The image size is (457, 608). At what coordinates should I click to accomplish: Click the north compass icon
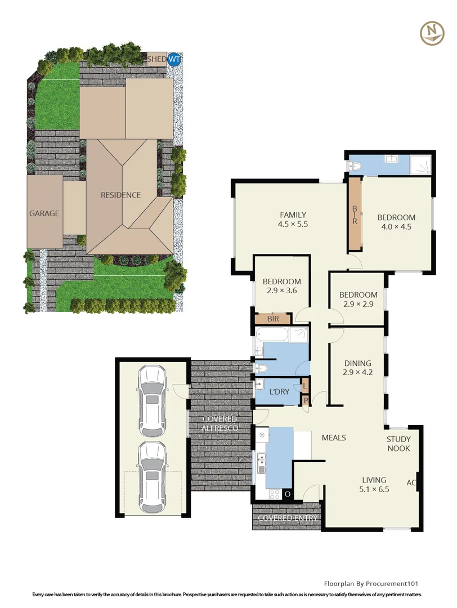pyautogui.click(x=432, y=33)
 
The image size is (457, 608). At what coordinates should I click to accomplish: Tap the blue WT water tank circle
pyautogui.click(x=174, y=59)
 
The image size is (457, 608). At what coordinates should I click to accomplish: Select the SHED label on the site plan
pyautogui.click(x=156, y=59)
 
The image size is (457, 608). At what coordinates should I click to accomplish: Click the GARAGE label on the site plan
pyautogui.click(x=44, y=213)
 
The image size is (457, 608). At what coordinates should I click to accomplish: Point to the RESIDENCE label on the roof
pyautogui.click(x=120, y=195)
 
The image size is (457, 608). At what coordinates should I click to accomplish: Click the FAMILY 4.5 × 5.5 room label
pyautogui.click(x=293, y=219)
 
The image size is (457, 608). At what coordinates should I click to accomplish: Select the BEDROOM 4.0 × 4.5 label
pyautogui.click(x=396, y=222)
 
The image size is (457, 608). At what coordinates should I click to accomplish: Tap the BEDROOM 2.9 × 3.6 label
pyautogui.click(x=282, y=286)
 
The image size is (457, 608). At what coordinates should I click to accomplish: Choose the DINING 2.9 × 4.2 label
pyautogui.click(x=358, y=368)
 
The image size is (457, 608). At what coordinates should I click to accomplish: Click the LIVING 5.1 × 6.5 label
pyautogui.click(x=374, y=485)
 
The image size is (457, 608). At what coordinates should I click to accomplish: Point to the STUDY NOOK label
pyautogui.click(x=398, y=444)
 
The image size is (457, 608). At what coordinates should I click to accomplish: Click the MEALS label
pyautogui.click(x=333, y=437)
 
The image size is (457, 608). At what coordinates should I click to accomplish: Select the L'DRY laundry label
pyautogui.click(x=280, y=391)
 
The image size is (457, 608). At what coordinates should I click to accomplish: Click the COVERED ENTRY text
pyautogui.click(x=287, y=518)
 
